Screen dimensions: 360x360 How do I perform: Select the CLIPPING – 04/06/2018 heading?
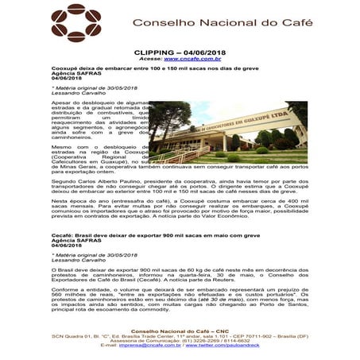(180, 52)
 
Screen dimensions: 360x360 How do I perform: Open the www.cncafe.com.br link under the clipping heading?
(192, 59)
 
